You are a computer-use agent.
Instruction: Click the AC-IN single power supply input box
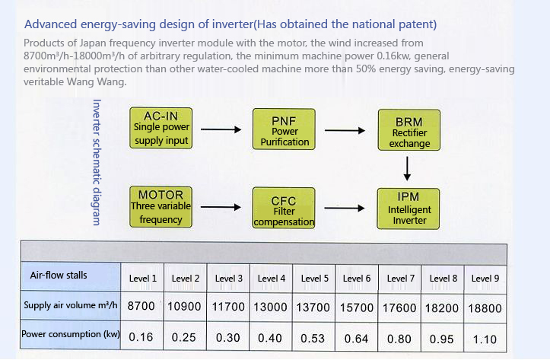tap(161, 128)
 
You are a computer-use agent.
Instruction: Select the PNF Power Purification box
tap(284, 129)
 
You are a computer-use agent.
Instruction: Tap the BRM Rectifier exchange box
tap(409, 130)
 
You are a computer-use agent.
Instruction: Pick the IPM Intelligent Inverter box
tap(409, 209)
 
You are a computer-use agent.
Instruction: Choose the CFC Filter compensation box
tap(284, 208)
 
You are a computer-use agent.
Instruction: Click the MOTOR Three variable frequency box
tap(161, 207)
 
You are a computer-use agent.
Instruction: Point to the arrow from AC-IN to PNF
tap(221, 129)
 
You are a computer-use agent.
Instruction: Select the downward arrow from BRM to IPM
tap(407, 169)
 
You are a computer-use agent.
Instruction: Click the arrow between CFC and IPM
tap(345, 208)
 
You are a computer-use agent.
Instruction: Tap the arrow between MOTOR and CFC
tap(221, 207)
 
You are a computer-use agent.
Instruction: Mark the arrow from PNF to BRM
tap(345, 130)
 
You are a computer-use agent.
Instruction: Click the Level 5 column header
tap(315, 279)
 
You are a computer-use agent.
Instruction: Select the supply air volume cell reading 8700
tap(141, 306)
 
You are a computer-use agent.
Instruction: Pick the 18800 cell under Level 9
tap(485, 308)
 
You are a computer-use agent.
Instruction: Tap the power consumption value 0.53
tap(313, 338)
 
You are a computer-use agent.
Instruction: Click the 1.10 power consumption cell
tap(485, 339)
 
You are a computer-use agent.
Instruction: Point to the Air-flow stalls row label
tap(59, 275)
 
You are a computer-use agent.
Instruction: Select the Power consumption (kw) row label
tap(71, 334)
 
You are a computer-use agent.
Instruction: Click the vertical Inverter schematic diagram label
tap(97, 162)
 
